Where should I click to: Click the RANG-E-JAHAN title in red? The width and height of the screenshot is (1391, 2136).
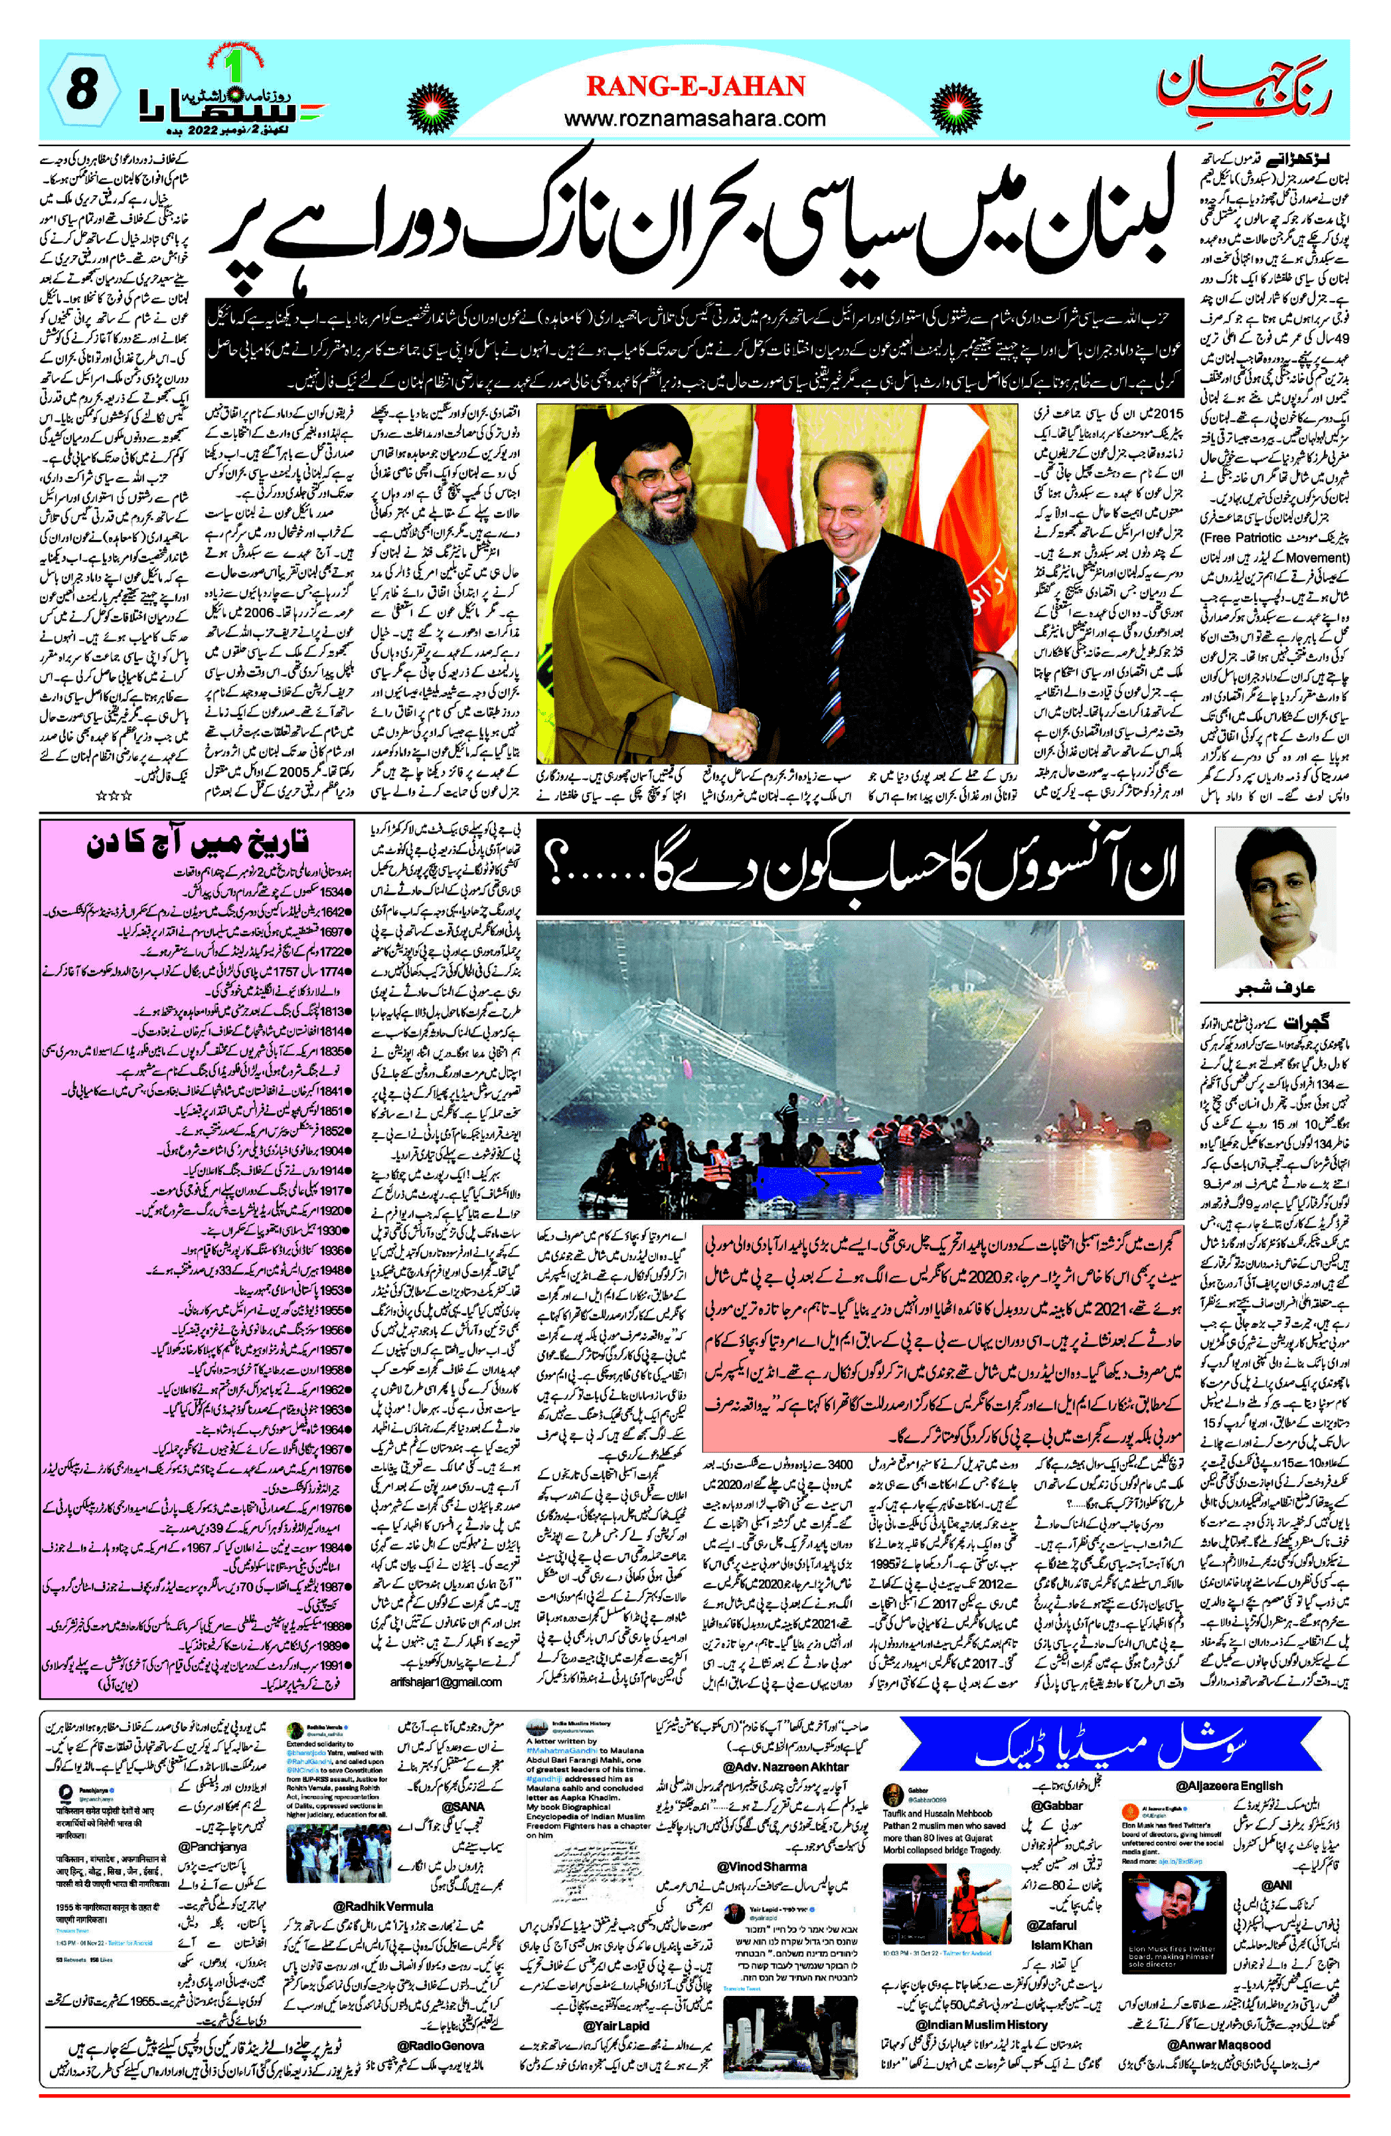(x=696, y=86)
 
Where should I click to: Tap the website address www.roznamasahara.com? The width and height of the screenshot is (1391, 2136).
(x=696, y=118)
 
